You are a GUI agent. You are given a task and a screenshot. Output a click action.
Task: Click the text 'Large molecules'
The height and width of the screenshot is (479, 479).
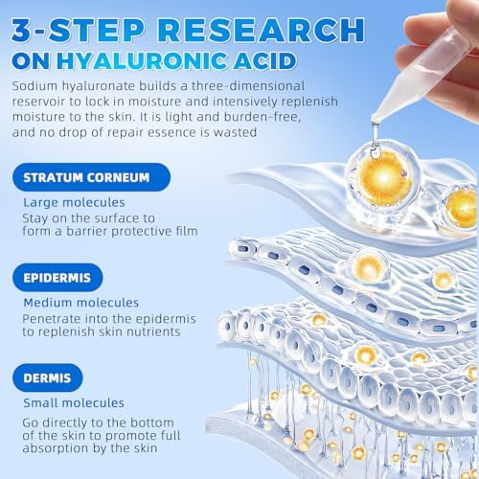click(x=89, y=203)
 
